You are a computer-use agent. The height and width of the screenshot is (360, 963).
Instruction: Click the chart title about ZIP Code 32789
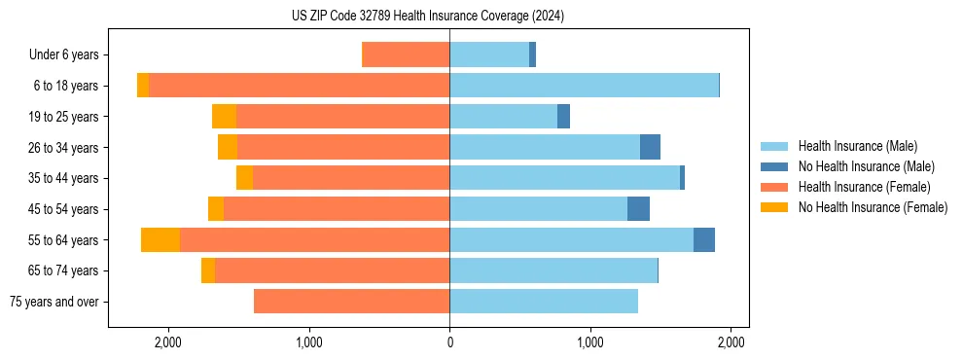coord(427,16)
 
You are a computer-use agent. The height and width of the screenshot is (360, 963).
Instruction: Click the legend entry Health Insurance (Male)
coord(856,146)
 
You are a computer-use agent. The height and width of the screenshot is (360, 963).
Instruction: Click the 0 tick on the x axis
coord(449,342)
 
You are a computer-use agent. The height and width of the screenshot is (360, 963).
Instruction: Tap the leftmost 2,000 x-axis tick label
coord(167,342)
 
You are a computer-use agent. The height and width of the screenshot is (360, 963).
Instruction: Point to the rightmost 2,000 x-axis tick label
coord(731,342)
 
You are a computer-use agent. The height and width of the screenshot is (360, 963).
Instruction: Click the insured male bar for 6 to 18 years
coord(584,86)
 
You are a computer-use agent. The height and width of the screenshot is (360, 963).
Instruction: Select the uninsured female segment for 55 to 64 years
coord(160,240)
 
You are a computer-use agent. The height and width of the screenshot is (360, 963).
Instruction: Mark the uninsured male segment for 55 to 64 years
coord(704,240)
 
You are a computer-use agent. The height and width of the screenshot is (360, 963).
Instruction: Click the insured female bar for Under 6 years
coord(406,55)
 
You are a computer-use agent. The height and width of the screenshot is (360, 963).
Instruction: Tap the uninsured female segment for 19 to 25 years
coord(224,117)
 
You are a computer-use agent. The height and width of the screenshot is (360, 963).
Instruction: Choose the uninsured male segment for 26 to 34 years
coord(650,148)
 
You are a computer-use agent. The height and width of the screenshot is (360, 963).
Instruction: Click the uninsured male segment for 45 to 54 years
coord(638,209)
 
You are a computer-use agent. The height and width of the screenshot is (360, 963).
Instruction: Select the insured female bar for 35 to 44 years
coord(351,178)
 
